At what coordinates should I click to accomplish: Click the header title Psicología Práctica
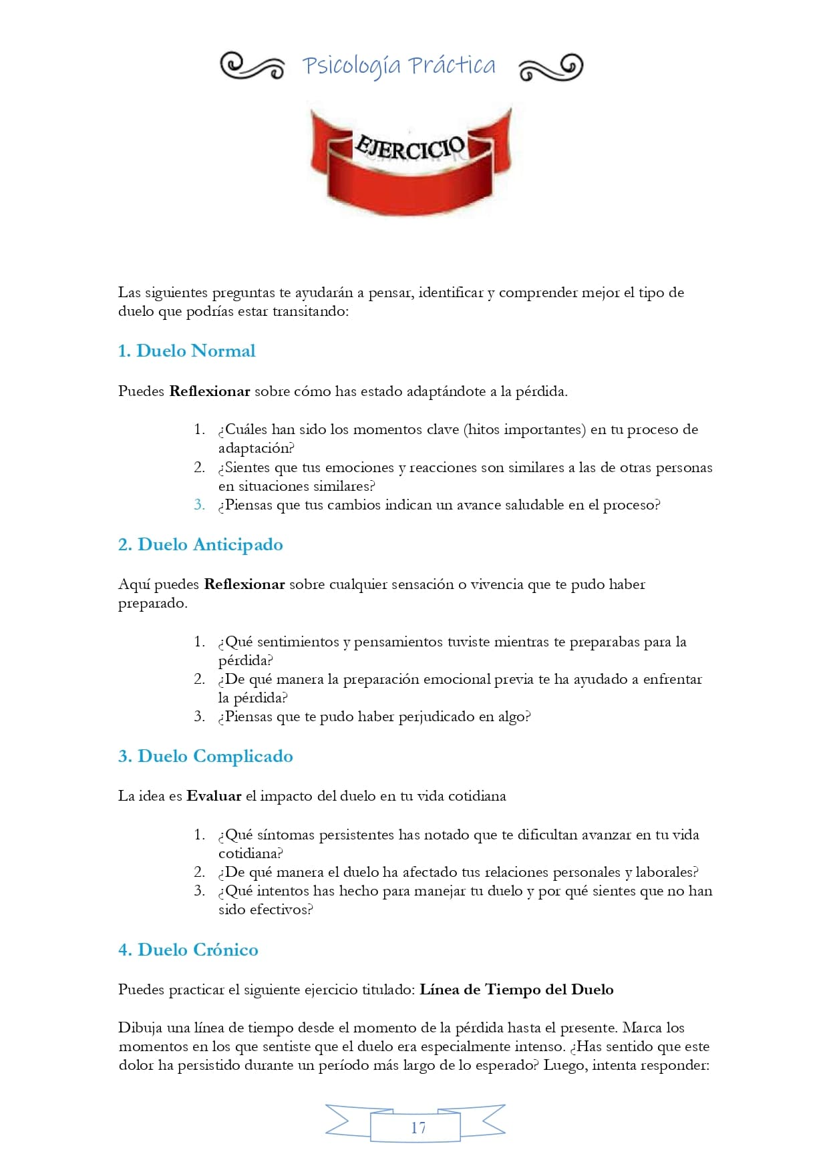coord(399,65)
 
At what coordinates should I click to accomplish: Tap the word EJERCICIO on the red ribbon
coord(409,147)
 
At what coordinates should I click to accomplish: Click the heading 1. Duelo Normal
coord(186,351)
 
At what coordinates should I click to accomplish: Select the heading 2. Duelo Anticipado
coord(200,545)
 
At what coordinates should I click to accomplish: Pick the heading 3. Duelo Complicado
coord(206,757)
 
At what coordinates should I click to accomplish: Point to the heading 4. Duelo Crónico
coord(188,950)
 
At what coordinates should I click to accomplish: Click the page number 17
coord(418,1128)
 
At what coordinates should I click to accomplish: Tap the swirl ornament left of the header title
coord(252,66)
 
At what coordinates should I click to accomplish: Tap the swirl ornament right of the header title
coord(550,67)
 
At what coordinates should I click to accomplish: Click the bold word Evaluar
coord(214,796)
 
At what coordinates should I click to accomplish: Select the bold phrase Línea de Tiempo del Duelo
coord(516,990)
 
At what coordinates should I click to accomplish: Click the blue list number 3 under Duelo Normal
coord(199,505)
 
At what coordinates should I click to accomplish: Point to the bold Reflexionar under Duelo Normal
coord(210,391)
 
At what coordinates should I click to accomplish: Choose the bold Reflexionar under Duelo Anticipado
coord(244,584)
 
